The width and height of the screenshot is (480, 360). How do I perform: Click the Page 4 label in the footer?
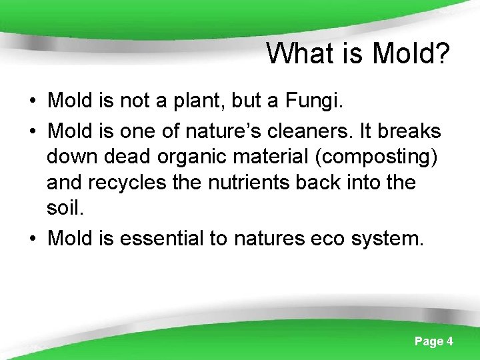433,341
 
